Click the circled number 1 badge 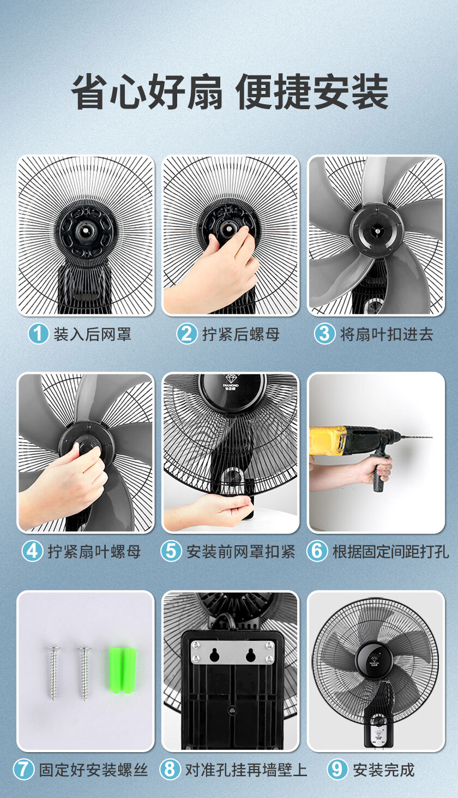tap(38, 334)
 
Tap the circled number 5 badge tap(171, 551)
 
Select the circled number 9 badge tap(338, 769)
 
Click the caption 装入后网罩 tap(93, 334)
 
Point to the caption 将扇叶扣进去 tap(387, 334)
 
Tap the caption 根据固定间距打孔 tap(390, 551)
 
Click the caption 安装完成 tap(384, 770)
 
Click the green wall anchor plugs tap(123, 670)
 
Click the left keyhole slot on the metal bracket tap(214, 654)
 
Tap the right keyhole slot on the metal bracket tap(250, 654)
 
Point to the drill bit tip tap(432, 437)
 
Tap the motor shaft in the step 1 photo tap(86, 230)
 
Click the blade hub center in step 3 tap(377, 231)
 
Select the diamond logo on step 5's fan tap(231, 379)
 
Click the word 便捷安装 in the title tap(312, 91)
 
